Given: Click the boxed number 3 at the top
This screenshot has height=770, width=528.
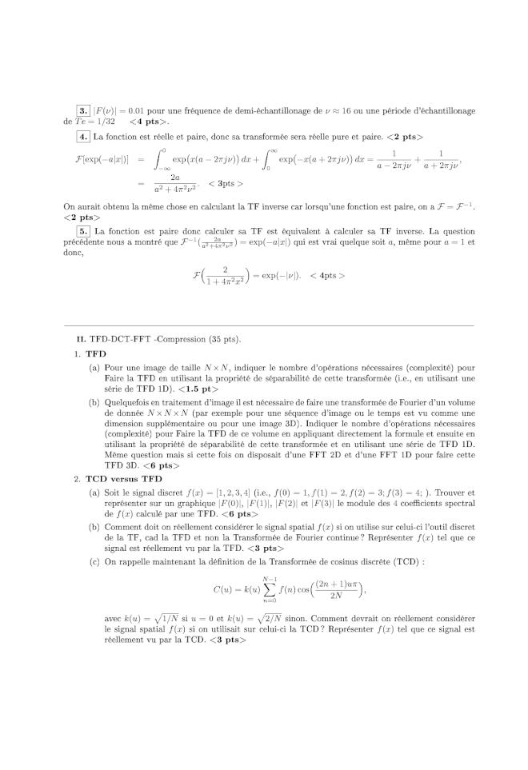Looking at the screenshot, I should (x=83, y=110).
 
